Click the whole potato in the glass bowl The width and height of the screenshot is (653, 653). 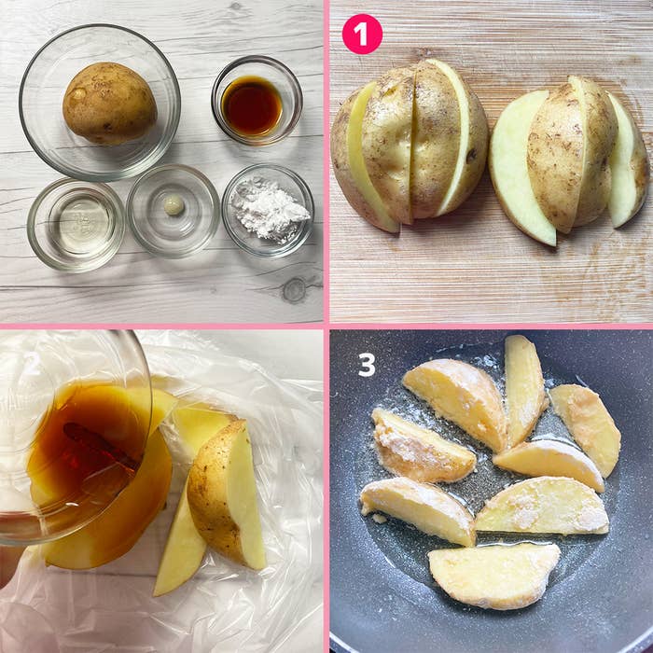(x=109, y=103)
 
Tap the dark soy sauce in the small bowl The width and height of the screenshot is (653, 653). (x=252, y=105)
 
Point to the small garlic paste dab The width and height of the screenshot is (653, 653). (x=174, y=205)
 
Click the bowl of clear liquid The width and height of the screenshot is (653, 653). (x=76, y=226)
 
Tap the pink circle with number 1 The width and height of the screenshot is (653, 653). (x=362, y=35)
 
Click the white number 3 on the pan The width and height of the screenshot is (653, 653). (x=367, y=365)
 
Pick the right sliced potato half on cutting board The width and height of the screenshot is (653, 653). (x=568, y=160)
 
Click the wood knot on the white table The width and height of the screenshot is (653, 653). (x=295, y=290)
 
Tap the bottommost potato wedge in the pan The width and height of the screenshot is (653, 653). (x=493, y=576)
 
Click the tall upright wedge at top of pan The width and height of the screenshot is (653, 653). (x=524, y=389)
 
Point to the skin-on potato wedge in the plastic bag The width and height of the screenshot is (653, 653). (x=227, y=495)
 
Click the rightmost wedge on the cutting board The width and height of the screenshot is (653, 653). (x=628, y=160)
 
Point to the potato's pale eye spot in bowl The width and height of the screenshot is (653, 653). (x=78, y=94)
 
